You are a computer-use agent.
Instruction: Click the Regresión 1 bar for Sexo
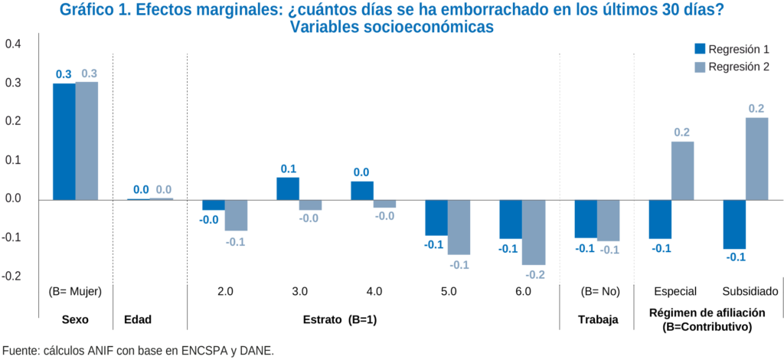pos(64,141)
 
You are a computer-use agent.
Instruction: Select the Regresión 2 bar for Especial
pos(682,170)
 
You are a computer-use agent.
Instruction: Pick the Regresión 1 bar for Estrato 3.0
pos(288,188)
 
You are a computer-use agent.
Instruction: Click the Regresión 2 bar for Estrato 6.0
pos(534,232)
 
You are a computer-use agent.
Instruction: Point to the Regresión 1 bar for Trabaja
pos(586,218)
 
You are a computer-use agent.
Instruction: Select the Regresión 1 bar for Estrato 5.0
pos(436,218)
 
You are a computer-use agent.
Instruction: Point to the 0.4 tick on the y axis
pos(13,44)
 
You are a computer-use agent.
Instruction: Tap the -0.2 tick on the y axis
pos(12,277)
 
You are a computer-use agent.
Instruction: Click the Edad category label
pos(149,319)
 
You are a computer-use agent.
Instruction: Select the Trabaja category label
pos(597,319)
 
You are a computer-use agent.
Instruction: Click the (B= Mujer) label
pos(75,292)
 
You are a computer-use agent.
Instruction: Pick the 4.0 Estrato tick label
pos(374,292)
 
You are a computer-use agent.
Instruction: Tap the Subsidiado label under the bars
pos(750,292)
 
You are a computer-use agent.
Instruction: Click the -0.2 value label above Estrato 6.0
pos(534,273)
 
